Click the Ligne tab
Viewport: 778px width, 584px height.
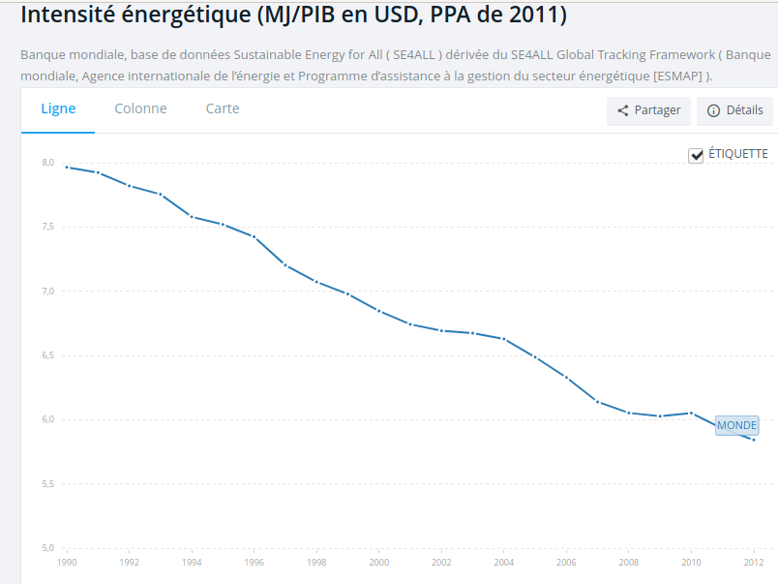(58, 109)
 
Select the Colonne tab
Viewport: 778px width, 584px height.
(140, 109)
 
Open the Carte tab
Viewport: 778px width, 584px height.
(223, 109)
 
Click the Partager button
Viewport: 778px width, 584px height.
(648, 110)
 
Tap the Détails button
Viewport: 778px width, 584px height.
(734, 110)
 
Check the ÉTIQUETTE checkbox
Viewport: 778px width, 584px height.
(696, 155)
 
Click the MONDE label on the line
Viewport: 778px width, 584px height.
(736, 425)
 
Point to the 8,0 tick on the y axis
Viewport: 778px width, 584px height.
(47, 163)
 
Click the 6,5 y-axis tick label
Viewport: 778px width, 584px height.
(47, 355)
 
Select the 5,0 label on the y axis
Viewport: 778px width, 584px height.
(47, 548)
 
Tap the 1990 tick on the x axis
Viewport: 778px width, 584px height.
(67, 562)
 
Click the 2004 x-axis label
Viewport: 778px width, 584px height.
(503, 562)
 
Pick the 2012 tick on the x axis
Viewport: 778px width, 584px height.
(753, 562)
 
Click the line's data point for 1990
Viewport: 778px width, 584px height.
(67, 168)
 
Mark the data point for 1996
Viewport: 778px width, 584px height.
(254, 237)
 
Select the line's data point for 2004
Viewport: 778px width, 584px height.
(503, 339)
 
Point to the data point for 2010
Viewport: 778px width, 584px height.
(691, 413)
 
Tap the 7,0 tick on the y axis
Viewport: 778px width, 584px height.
(47, 292)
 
